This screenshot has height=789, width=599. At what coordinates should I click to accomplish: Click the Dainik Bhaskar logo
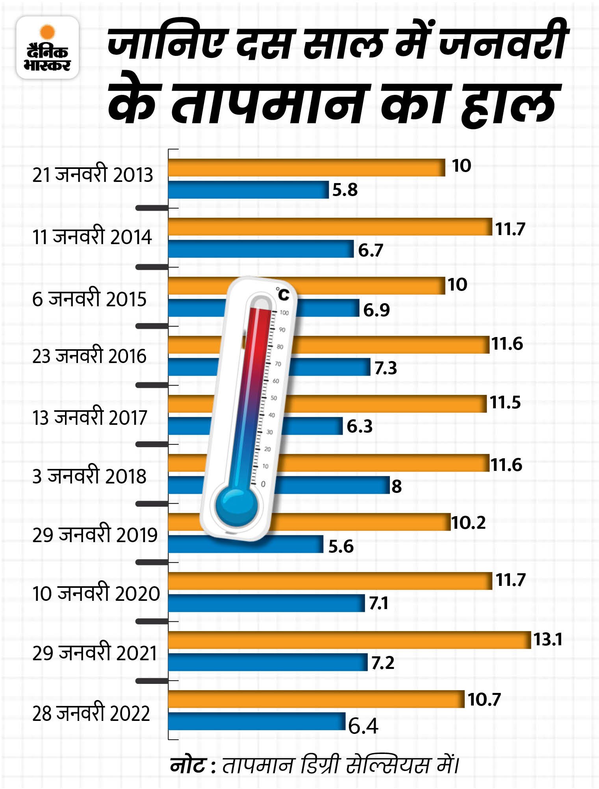point(47,48)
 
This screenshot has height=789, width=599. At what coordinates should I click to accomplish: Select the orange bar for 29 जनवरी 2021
point(349,640)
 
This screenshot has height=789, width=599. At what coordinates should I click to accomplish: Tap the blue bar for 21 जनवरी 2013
point(248,190)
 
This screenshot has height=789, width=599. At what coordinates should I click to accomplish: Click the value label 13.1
point(547,639)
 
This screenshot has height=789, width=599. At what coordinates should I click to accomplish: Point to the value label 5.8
point(345,190)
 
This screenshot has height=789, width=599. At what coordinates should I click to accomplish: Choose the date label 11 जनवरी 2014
point(92,237)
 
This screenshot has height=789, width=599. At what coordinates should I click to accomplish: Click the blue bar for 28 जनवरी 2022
point(256,721)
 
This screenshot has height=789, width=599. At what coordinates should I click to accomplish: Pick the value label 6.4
point(363,726)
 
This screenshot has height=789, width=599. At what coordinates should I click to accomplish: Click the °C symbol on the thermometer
point(282,294)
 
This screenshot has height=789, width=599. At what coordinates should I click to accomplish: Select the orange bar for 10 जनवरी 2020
point(330,581)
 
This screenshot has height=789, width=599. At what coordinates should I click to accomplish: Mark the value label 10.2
point(468,523)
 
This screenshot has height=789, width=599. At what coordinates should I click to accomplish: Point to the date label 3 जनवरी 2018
point(89,476)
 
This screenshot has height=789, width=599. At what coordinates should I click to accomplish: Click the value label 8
point(397,486)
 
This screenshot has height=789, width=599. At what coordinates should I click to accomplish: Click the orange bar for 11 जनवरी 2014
point(330,227)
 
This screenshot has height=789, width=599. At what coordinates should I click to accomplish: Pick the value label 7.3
point(386,368)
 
